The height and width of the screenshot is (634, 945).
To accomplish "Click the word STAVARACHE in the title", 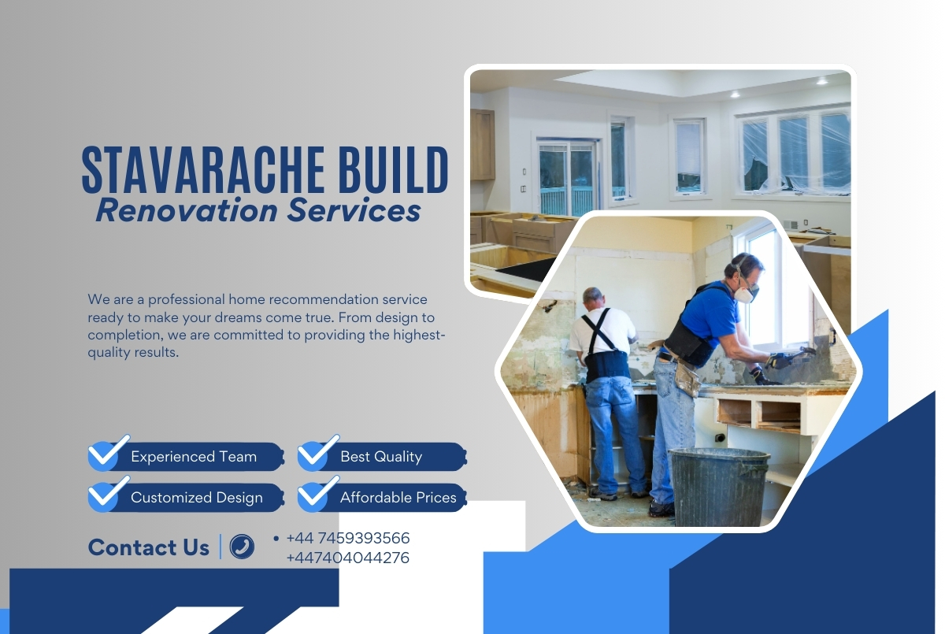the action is tap(203, 169).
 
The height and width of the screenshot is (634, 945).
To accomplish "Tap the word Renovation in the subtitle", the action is tap(187, 210).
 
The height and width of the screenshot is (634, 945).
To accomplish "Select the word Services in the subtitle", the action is tap(354, 210).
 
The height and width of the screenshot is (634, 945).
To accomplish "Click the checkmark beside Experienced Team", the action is tap(108, 452).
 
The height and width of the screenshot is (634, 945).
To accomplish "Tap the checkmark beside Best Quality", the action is tap(317, 452).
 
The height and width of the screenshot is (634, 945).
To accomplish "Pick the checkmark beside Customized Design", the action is tap(108, 493).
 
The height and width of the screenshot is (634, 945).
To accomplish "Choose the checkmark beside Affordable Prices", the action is tap(317, 493).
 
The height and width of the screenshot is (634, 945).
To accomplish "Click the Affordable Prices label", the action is tap(398, 498).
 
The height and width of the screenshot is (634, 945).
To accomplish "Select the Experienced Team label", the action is tap(194, 457).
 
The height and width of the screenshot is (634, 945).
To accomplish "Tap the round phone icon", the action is tap(242, 547).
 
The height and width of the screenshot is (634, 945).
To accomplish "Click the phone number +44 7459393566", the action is tap(348, 538).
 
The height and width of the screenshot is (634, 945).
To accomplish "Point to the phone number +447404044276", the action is tap(348, 558).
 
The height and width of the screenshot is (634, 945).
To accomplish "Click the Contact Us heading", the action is tap(149, 547).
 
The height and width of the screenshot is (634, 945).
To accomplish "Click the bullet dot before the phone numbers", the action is tap(276, 538).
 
